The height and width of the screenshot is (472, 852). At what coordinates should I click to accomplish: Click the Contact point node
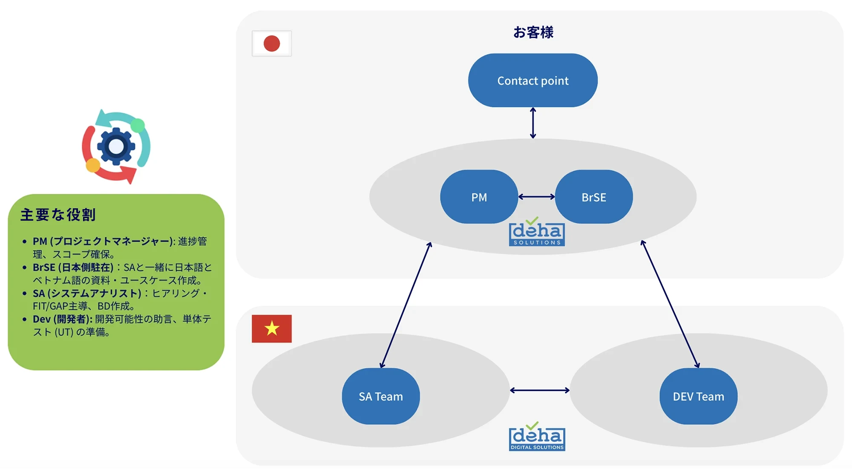click(x=532, y=81)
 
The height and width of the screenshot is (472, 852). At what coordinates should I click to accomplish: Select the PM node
click(x=479, y=197)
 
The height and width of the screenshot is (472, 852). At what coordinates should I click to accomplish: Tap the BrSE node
click(x=593, y=197)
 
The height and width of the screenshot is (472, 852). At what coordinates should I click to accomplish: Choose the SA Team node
click(x=380, y=397)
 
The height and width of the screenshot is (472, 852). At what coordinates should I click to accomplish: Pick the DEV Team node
click(x=698, y=397)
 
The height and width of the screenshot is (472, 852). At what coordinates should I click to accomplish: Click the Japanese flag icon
click(x=272, y=43)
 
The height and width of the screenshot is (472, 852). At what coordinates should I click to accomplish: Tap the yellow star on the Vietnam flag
click(x=272, y=328)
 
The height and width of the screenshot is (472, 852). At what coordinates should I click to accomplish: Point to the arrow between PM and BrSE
click(x=536, y=197)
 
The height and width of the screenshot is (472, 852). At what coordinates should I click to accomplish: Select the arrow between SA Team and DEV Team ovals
click(x=540, y=390)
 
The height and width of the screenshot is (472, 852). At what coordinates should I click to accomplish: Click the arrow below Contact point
click(x=533, y=123)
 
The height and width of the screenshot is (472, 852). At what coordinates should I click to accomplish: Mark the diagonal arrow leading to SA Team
click(x=406, y=305)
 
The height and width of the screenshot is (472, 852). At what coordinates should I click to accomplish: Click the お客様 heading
click(x=533, y=32)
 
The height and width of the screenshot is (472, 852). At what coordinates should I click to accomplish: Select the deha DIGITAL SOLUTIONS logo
click(x=537, y=437)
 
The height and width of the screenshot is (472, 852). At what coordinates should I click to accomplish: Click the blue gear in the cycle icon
click(x=116, y=147)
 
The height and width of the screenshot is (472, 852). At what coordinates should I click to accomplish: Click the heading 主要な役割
click(x=58, y=215)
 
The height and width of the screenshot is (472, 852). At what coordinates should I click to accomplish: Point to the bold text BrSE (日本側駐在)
click(x=73, y=268)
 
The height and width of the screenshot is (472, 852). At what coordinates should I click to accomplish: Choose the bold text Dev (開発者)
click(x=62, y=319)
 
